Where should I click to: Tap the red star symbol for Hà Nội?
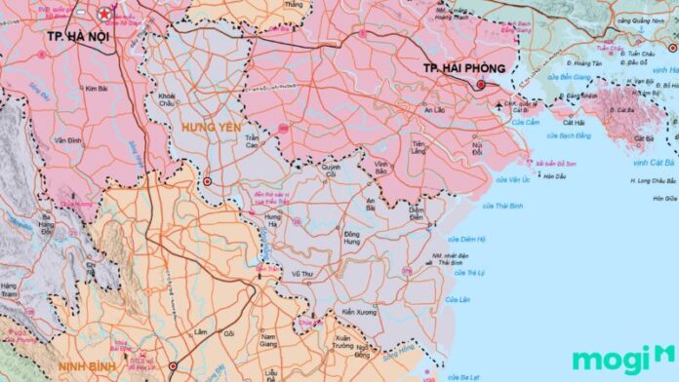[x=102, y=15]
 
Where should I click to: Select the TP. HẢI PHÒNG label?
[x=464, y=68]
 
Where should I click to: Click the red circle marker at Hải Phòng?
[x=480, y=85]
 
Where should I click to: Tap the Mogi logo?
[x=622, y=358]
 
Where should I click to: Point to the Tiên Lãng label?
[x=419, y=148]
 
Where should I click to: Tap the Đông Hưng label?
[x=356, y=238]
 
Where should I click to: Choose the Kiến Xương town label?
[x=361, y=312]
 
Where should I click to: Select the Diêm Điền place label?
[x=416, y=213]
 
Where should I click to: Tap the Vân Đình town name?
[x=68, y=140]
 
